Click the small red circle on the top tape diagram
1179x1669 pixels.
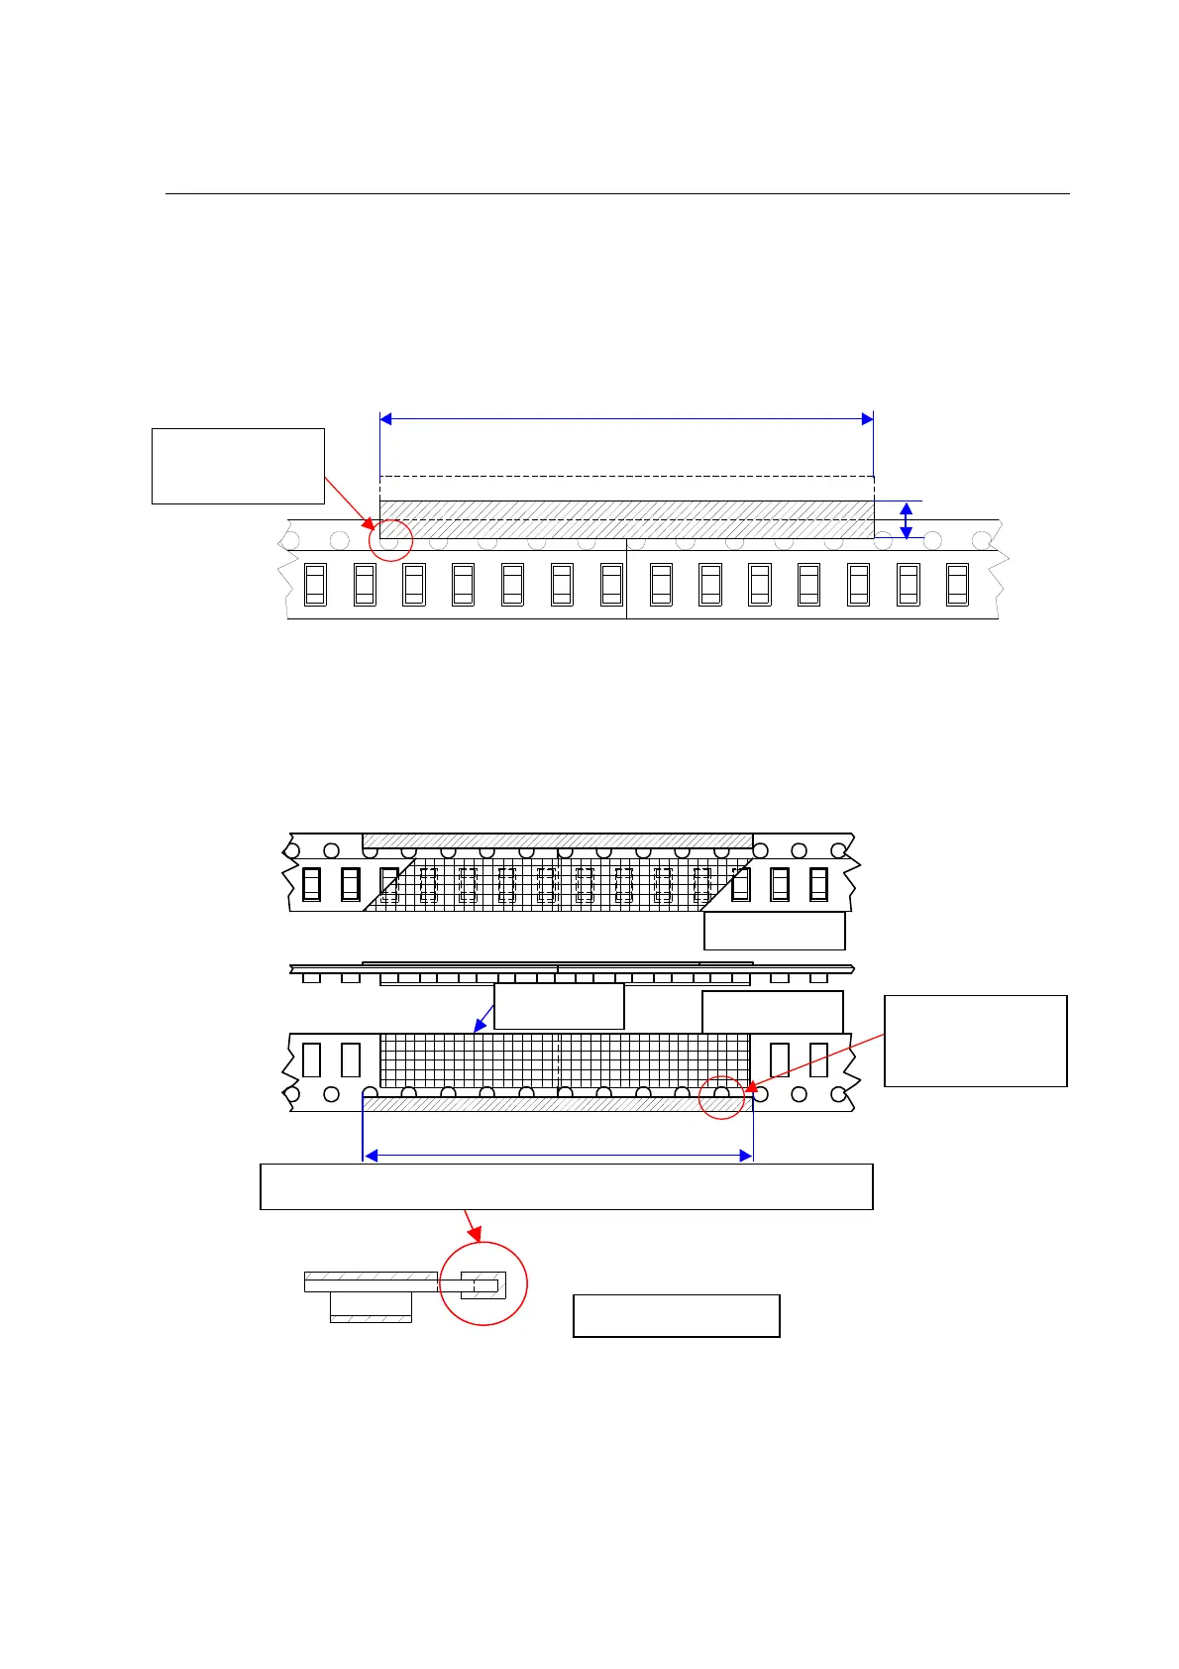point(389,540)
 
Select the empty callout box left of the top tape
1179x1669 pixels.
point(238,466)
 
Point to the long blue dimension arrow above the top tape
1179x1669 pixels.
point(626,419)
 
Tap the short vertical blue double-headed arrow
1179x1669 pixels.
point(906,520)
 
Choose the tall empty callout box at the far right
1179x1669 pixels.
point(975,1041)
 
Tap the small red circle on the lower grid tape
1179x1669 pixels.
point(721,1097)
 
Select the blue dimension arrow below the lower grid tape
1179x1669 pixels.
point(559,1156)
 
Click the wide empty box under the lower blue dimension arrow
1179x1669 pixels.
point(566,1186)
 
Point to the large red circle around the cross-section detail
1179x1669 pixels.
point(482,1282)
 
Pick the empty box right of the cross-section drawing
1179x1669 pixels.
point(677,1315)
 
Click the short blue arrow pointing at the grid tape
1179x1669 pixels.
point(483,1018)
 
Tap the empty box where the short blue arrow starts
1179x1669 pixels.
point(559,1006)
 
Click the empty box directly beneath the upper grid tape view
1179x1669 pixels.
point(774,931)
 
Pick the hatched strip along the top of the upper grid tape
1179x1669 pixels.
point(557,840)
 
